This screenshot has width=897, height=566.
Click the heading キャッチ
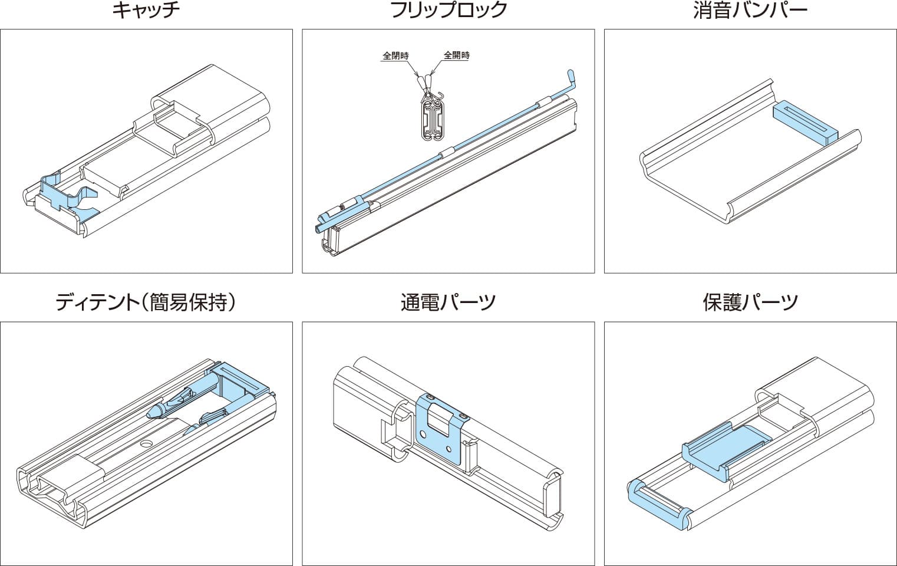point(146,11)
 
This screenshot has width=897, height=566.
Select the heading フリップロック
point(448,11)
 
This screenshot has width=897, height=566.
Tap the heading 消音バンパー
point(750,11)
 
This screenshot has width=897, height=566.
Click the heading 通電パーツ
point(448,302)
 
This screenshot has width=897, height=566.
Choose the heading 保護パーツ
point(750,302)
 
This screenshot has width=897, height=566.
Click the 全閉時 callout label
point(395,55)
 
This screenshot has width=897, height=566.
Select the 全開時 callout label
point(457,55)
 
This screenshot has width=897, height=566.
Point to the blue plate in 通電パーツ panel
point(439,427)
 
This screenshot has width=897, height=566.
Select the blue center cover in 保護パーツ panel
point(728,445)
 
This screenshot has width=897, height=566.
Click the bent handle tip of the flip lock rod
point(570,75)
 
